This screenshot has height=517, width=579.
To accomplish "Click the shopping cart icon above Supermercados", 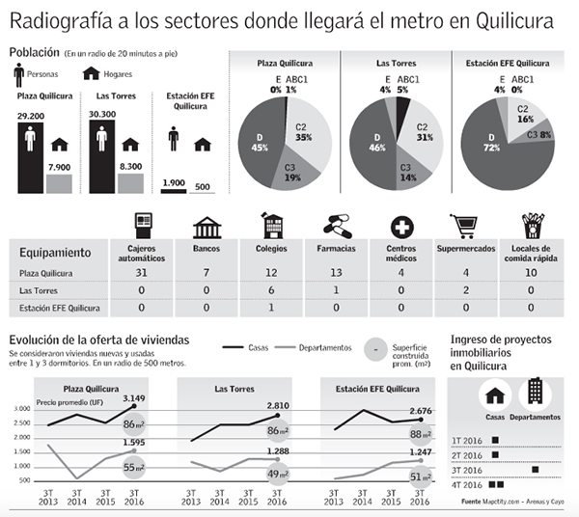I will (x=465, y=227).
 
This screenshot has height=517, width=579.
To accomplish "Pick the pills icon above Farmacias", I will (x=337, y=227).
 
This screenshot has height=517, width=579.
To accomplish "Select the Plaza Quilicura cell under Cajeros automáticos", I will (x=141, y=273).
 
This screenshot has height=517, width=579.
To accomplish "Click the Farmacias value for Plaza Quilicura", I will (x=336, y=273).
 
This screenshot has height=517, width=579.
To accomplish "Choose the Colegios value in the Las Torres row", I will (x=271, y=289).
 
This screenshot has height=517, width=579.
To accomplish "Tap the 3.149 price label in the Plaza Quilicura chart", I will (x=134, y=397).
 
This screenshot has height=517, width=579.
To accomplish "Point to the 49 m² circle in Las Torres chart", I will (x=278, y=474).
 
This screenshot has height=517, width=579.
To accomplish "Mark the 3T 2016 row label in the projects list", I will (x=468, y=470).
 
